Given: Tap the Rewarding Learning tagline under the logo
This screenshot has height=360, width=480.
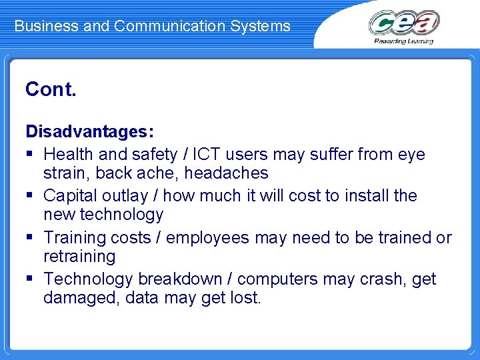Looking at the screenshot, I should (x=404, y=41).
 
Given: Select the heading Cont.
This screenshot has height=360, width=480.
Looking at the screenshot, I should (x=51, y=89).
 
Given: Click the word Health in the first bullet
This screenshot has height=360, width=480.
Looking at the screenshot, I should (x=69, y=155).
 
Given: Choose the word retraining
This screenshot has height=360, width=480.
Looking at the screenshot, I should (x=79, y=257).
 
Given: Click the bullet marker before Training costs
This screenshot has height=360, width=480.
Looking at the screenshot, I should (x=30, y=238).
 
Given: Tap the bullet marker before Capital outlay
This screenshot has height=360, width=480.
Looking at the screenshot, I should (x=30, y=196).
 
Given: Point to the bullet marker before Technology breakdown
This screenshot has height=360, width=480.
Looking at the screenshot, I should (x=30, y=279).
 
